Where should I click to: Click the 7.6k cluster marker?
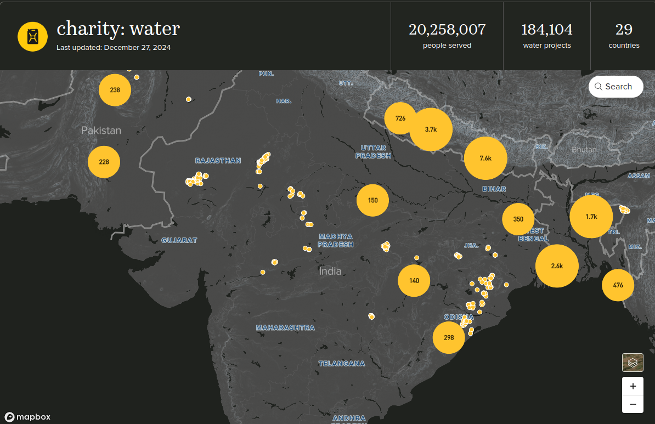coord(485,158)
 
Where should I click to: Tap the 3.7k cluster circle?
coord(431,129)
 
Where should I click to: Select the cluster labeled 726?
coord(400,118)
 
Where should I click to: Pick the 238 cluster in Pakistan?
coord(115,89)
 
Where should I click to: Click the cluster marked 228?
coord(104,162)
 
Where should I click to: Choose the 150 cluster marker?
coord(372,200)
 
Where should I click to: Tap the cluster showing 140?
coord(414,280)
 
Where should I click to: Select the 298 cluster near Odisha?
coord(448,337)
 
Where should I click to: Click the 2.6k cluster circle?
coord(557,266)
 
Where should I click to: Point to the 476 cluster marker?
coord(618,285)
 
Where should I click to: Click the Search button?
coord(616,87)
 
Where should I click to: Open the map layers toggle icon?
coord(633,363)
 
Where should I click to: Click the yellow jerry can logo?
coord(33,36)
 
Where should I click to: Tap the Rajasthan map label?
coord(218,161)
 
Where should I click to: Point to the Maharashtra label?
coord(285,327)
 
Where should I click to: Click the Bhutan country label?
coord(584,149)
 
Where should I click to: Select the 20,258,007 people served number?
coord(447,29)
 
